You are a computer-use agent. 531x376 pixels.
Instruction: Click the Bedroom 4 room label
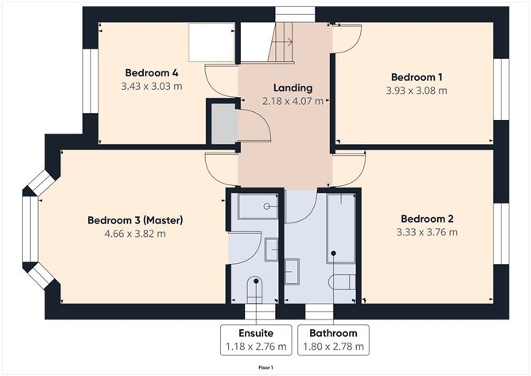(x=150, y=72)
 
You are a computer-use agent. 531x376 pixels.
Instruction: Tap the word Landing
(x=293, y=87)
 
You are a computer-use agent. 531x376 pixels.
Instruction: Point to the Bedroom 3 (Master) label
(x=135, y=219)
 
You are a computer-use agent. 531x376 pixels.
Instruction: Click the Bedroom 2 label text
(x=427, y=219)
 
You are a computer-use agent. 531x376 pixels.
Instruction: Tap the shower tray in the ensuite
(x=257, y=206)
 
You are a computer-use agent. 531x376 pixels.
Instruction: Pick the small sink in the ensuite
(x=271, y=250)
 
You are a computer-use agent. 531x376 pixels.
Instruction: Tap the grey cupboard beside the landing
(x=223, y=123)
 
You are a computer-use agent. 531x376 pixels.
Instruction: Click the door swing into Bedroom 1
(x=347, y=38)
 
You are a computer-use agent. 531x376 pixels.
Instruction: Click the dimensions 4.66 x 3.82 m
(x=135, y=234)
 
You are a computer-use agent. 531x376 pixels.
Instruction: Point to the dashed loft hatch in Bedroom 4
(x=210, y=42)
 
